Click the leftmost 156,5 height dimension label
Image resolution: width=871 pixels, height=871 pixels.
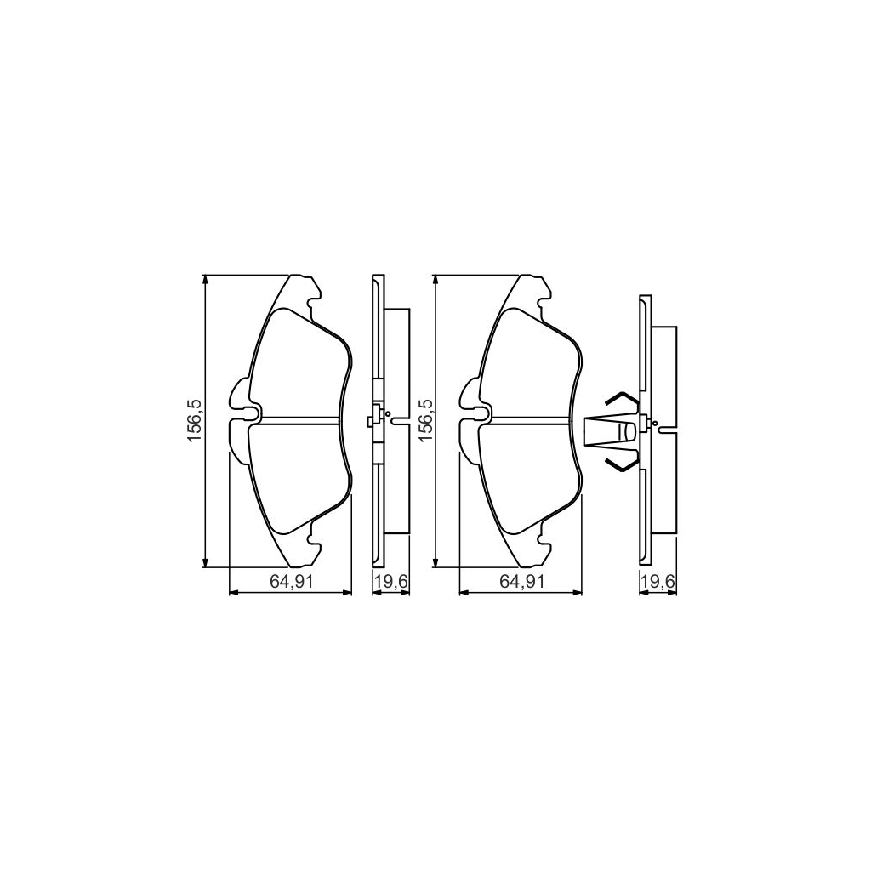click(x=195, y=421)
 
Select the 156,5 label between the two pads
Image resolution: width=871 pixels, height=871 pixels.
click(x=424, y=421)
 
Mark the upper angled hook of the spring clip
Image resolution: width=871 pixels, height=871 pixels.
click(x=622, y=399)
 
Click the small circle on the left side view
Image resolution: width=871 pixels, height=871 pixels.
click(x=389, y=414)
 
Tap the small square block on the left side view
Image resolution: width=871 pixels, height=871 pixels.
click(x=371, y=420)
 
